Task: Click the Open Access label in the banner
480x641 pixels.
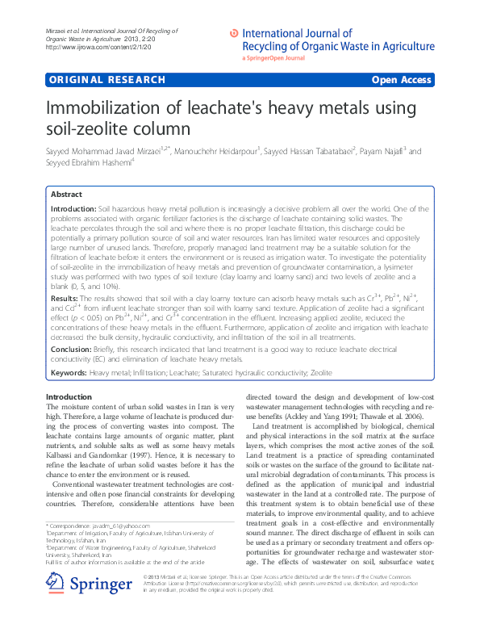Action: [x=401, y=81]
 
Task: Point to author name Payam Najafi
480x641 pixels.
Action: [x=384, y=151]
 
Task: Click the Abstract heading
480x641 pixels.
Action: [x=65, y=195]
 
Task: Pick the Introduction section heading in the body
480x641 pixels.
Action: [x=69, y=396]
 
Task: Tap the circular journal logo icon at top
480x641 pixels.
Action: [x=234, y=33]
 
